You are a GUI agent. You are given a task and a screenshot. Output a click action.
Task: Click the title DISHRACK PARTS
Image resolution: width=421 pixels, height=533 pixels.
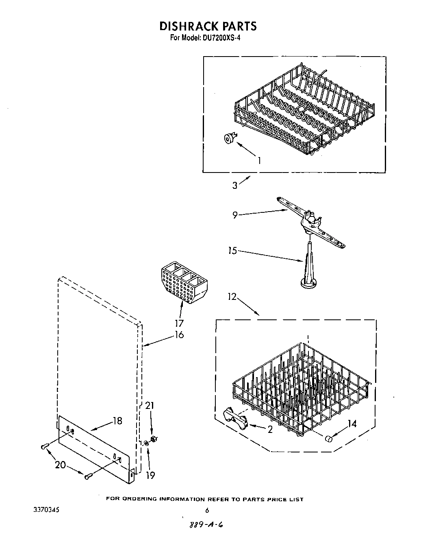pos(208,26)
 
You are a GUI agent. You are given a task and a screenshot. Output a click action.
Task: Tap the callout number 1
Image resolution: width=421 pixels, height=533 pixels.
pos(259,160)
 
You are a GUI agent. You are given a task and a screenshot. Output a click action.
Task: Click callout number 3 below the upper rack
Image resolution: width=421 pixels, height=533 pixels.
pos(235,185)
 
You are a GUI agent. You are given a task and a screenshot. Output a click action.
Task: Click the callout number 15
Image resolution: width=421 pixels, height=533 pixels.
pos(232,251)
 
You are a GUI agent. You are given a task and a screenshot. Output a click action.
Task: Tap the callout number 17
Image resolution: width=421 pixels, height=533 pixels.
pos(179,323)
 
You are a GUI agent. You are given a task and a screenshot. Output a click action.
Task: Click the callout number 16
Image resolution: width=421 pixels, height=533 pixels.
pos(179,334)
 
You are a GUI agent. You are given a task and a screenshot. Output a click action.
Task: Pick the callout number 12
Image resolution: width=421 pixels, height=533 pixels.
pos(232,297)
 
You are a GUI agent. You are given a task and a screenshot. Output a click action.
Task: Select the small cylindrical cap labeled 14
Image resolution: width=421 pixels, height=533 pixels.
pos(329,439)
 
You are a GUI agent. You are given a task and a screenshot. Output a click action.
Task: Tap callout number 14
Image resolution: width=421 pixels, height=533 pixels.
pos(352,424)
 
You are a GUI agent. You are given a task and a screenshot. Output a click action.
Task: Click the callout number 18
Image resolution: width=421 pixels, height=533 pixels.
pos(117,421)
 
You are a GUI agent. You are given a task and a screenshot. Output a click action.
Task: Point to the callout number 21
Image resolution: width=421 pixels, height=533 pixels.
pos(150,406)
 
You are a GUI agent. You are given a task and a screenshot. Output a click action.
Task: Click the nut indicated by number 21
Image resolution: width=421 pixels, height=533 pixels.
pos(154,439)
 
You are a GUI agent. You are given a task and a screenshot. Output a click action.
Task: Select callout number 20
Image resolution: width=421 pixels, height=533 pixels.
pos(61,464)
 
